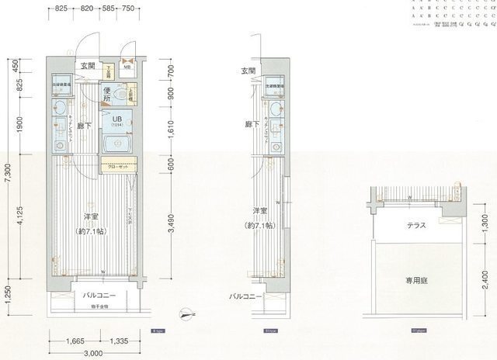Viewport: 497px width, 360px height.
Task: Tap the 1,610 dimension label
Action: (x=172, y=133)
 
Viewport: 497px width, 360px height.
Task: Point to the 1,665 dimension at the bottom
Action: (x=75, y=340)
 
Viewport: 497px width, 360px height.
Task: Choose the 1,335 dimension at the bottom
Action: (x=118, y=340)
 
